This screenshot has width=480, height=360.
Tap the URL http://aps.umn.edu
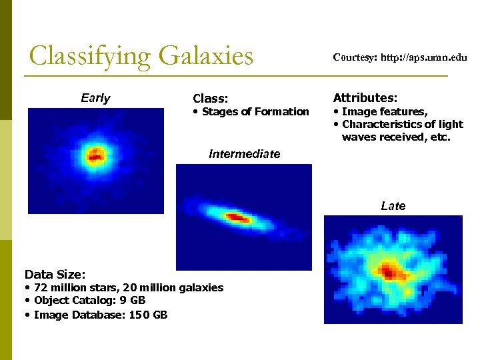click(x=423, y=58)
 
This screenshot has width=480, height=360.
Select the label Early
click(x=95, y=99)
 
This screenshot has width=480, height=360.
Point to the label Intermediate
click(x=244, y=154)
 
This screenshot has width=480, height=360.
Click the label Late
click(x=393, y=206)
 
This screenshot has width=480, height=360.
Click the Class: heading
click(x=211, y=99)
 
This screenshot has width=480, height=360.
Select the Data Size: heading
click(x=54, y=274)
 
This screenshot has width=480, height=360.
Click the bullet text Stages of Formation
click(x=255, y=111)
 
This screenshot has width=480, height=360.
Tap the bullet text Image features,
click(x=385, y=111)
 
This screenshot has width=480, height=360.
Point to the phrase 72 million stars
click(x=71, y=287)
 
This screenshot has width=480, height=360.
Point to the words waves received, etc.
click(x=396, y=137)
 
